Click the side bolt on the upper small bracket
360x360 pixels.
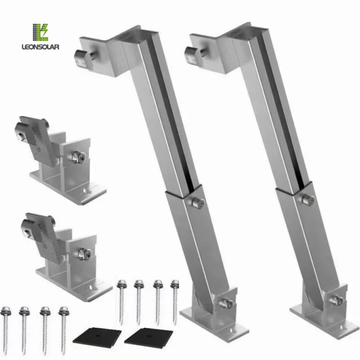click(77, 157)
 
